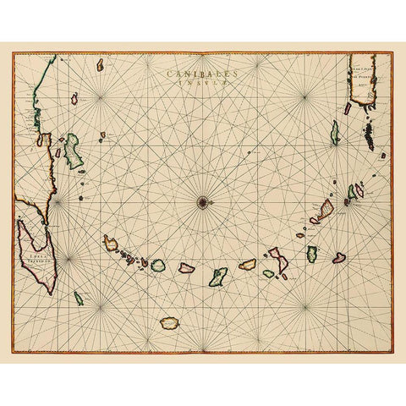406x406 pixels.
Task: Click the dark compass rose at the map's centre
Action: coord(202,200)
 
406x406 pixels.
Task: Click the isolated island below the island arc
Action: coord(170,322)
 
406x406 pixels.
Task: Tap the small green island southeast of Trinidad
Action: coord(79,298)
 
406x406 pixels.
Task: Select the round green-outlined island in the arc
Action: coord(158,266)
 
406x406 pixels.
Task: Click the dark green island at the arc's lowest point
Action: coord(218,276)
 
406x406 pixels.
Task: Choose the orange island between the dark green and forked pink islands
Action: coord(248,265)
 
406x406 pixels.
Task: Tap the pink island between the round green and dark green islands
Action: coord(187,268)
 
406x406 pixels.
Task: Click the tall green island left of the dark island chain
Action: coord(334,132)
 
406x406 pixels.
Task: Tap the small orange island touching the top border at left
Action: coord(100,63)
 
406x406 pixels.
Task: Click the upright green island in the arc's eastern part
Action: coord(312,253)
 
